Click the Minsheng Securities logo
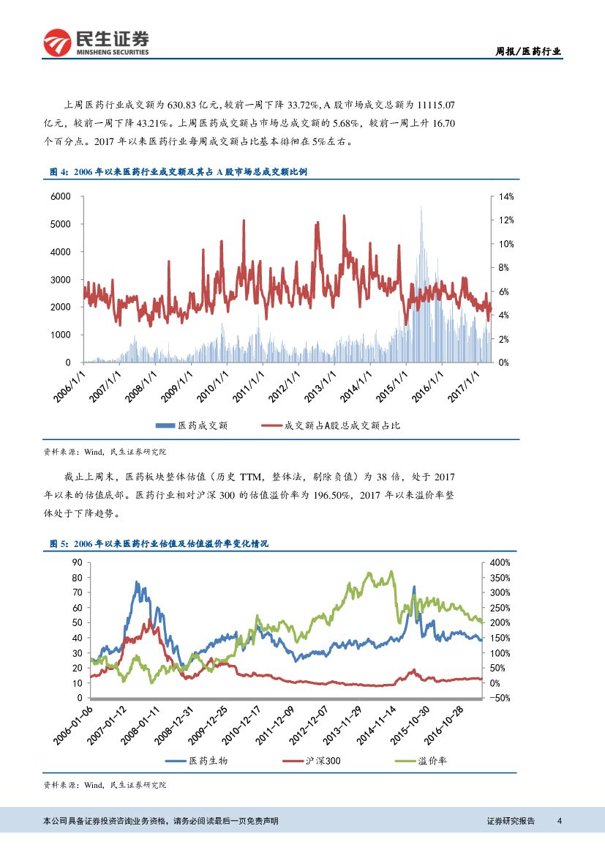(96, 43)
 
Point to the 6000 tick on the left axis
(61, 197)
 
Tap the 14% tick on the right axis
(507, 197)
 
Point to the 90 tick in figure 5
(77, 562)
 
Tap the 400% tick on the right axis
(499, 562)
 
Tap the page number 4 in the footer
(559, 820)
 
